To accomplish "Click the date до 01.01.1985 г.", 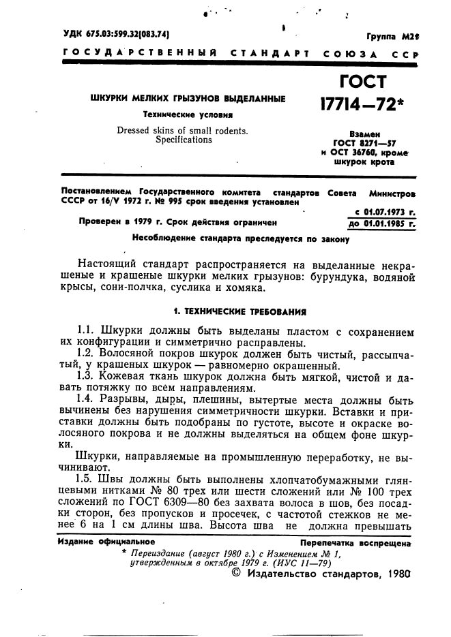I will click(x=380, y=223).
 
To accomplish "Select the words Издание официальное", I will click(x=106, y=542).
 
